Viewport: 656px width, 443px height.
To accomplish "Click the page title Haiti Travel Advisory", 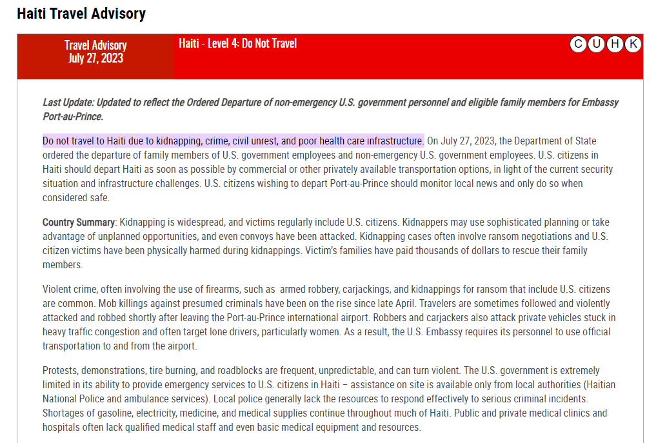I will click(x=81, y=13).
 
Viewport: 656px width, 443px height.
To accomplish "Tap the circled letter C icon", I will click(x=578, y=44).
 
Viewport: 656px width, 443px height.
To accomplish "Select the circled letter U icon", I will click(x=597, y=44).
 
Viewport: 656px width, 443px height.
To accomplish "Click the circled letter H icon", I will click(x=615, y=44).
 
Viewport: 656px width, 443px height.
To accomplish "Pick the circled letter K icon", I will click(x=633, y=44).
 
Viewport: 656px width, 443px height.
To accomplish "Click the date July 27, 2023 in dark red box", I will click(x=95, y=58).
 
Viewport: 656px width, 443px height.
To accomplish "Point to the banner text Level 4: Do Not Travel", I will click(x=252, y=43).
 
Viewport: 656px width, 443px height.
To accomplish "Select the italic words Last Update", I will click(x=66, y=103).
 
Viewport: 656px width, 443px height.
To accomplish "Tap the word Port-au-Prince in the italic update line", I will click(x=72, y=117).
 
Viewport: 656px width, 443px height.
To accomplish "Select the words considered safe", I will click(x=75, y=198).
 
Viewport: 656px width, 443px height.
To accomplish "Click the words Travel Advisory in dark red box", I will click(x=95, y=45).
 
